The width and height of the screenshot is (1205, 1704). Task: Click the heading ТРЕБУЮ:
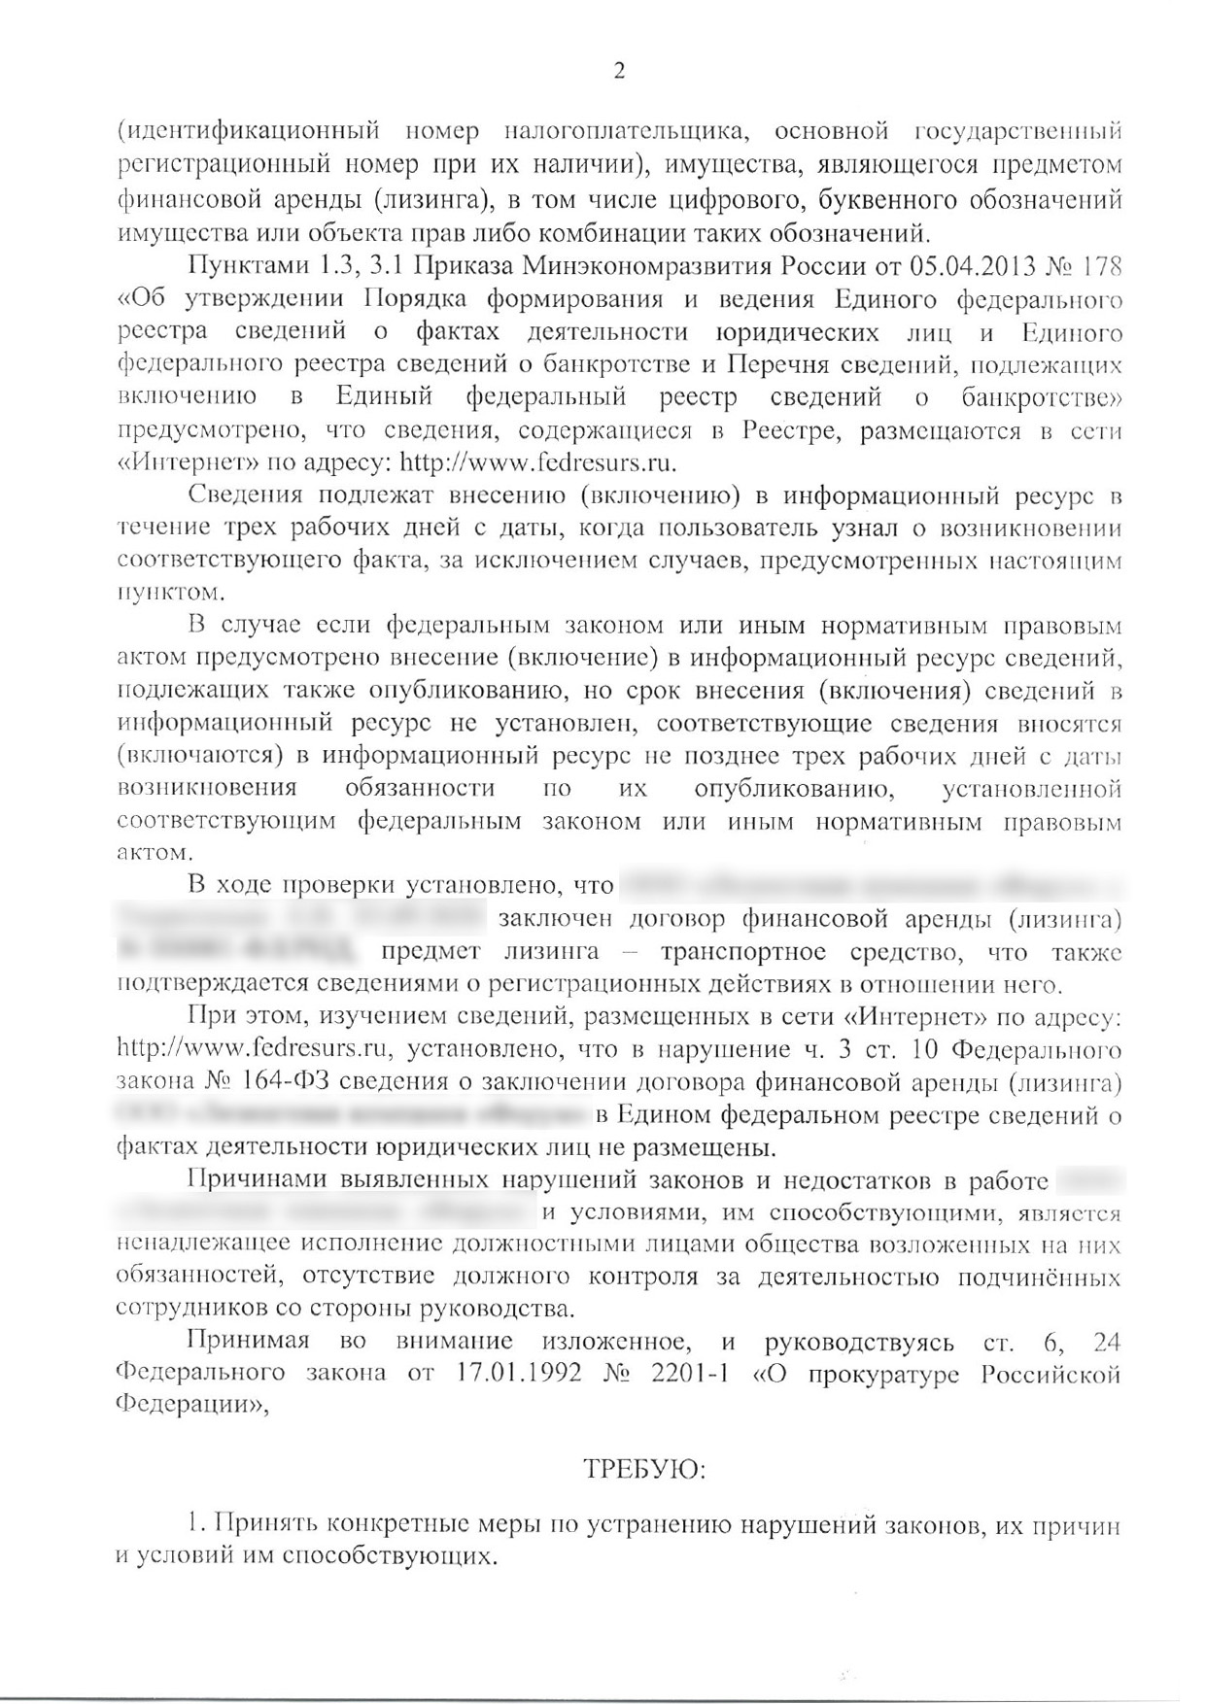point(644,1469)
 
